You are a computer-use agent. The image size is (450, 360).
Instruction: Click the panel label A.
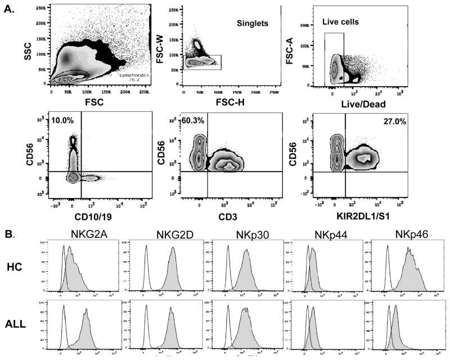(10, 8)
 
